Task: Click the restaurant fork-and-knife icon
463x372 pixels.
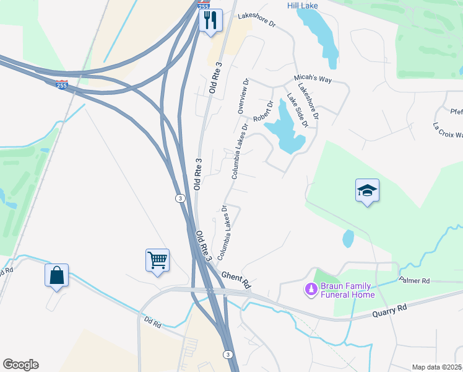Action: click(x=210, y=20)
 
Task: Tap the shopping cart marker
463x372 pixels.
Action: click(x=158, y=260)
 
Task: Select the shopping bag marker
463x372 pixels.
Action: click(x=56, y=275)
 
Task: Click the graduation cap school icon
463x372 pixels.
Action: click(x=367, y=190)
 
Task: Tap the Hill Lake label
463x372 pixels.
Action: click(x=303, y=6)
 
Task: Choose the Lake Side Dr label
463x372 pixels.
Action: click(x=297, y=110)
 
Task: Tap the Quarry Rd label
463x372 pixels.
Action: click(x=389, y=310)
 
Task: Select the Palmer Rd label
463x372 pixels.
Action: click(x=414, y=281)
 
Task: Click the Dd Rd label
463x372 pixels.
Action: click(x=152, y=323)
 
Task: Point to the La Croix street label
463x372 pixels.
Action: click(x=448, y=132)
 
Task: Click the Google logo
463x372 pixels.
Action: click(x=20, y=365)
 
